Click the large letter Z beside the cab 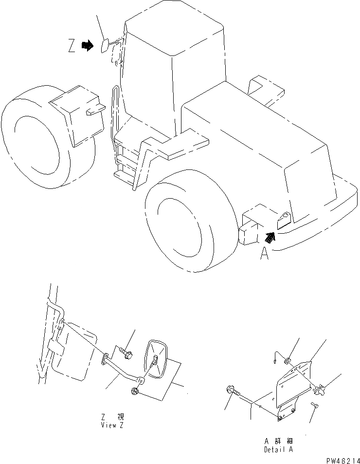[72, 46]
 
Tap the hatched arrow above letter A [269, 237]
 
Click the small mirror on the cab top [105, 46]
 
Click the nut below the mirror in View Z [135, 390]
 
